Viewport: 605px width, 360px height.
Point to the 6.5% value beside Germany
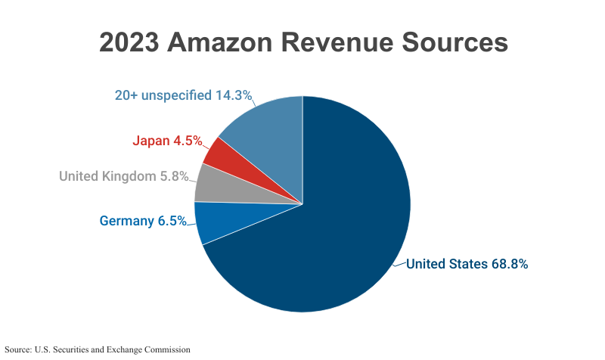pos(172,221)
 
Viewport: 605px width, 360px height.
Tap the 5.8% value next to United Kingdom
pos(173,177)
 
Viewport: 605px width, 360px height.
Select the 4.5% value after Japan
pos(188,140)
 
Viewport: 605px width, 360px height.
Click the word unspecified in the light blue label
pos(175,96)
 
